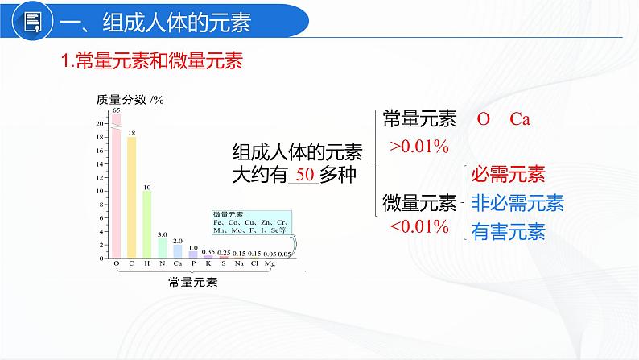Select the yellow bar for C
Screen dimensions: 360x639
coord(132,197)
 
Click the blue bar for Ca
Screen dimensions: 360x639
coord(178,251)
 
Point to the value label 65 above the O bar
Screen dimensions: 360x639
coord(117,110)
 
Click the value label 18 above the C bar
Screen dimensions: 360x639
coord(132,131)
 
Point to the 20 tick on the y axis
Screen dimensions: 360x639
coord(100,123)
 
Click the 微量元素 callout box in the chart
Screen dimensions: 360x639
coord(251,222)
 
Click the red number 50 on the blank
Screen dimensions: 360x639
coord(303,175)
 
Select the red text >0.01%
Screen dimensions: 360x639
coord(419,147)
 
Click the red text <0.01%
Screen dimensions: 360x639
coord(419,227)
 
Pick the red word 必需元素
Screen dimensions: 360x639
coord(508,174)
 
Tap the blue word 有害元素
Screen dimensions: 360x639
coord(508,232)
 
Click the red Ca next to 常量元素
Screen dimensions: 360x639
coord(519,119)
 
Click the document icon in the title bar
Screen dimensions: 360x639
coord(31,23)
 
